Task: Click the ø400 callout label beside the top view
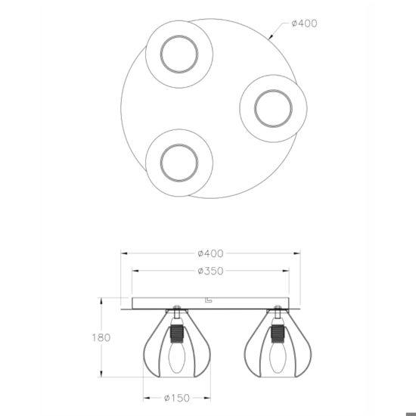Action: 304,23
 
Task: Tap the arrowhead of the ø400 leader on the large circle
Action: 271,37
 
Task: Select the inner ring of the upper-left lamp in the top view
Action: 179,36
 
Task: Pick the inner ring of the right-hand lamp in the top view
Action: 273,90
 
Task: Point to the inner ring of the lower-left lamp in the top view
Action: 179,144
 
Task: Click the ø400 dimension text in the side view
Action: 211,253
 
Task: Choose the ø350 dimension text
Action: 211,271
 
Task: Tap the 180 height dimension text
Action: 101,338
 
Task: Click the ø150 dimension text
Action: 177,398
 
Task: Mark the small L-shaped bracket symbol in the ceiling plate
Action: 209,300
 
